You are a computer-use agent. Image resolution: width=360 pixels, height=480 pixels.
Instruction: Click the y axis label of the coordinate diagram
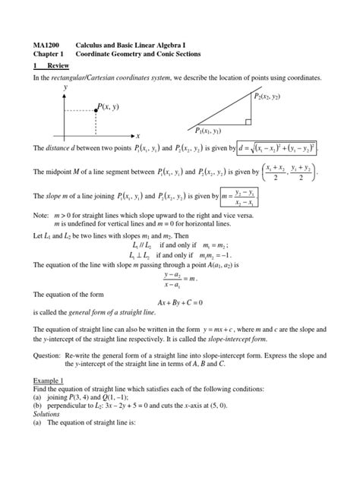65,87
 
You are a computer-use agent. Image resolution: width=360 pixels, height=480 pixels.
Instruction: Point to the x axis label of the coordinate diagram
138,134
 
